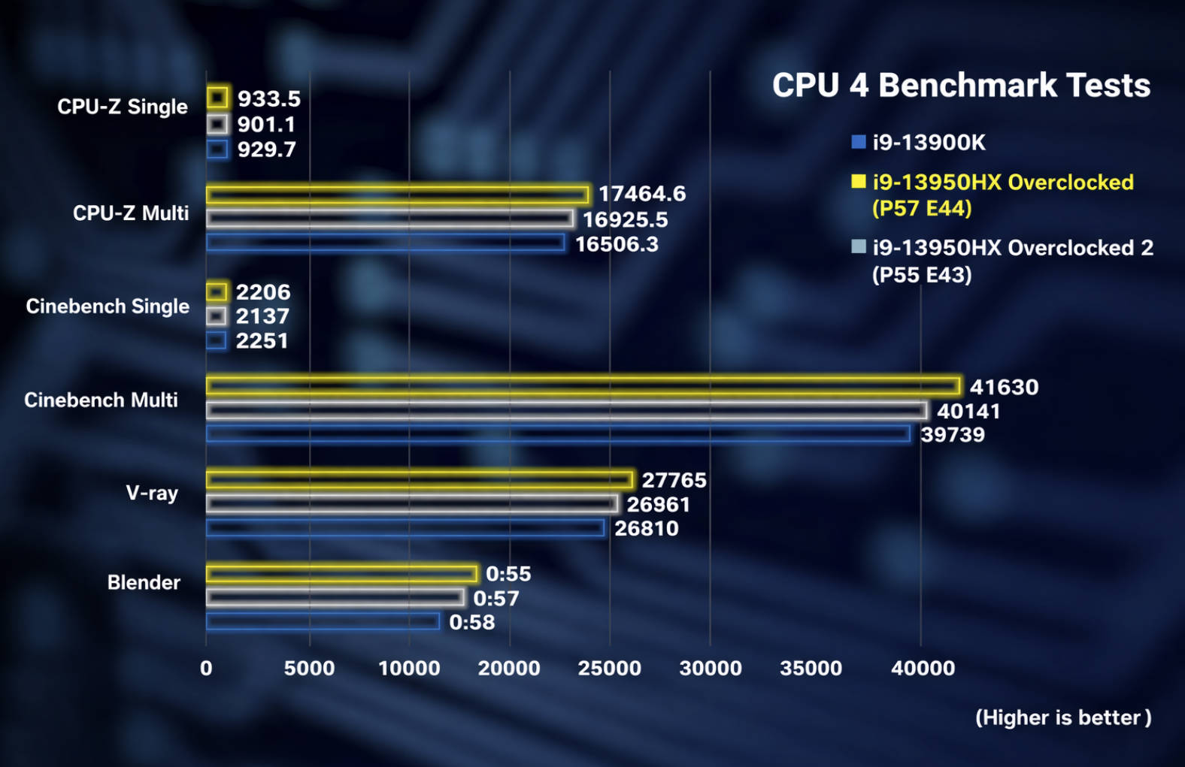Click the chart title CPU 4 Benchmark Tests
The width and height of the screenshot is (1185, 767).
961,86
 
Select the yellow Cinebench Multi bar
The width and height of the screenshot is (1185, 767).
583,386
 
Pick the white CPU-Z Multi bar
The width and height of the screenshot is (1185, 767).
389,219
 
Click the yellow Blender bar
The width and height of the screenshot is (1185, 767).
341,574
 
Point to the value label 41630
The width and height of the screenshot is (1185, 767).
1004,387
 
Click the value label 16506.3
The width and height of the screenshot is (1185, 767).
617,244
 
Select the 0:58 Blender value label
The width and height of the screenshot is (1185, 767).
471,622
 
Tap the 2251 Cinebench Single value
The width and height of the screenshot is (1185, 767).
262,341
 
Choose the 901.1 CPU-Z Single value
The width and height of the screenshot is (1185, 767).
266,124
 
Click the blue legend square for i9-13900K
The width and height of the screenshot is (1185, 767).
858,142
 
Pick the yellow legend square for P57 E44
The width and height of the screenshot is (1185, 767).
858,182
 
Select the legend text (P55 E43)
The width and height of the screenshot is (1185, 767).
921,275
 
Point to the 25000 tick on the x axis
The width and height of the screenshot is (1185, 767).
609,668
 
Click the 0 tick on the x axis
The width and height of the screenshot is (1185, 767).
206,668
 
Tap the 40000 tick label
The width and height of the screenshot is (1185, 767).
923,668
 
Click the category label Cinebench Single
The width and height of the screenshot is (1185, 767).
108,306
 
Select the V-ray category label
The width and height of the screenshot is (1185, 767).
152,493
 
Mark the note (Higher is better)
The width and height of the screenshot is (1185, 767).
1062,717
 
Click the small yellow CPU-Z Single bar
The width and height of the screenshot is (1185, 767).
217,98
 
